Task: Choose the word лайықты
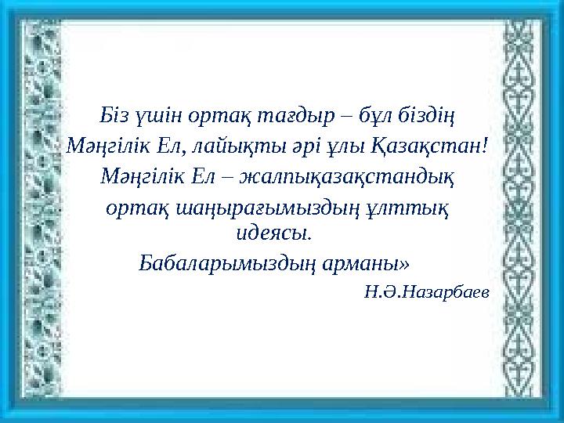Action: pyautogui.click(x=233, y=146)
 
